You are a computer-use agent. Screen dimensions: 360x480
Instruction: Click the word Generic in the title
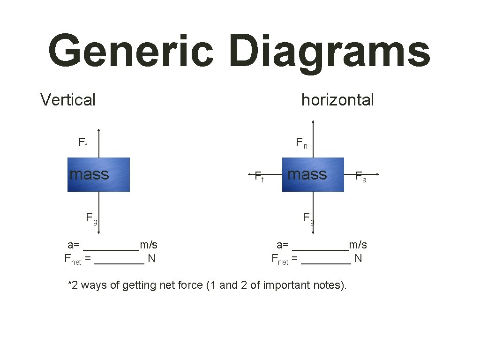tap(130, 51)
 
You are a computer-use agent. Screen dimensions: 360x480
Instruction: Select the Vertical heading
tap(68, 100)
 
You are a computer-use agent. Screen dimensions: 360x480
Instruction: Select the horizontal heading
tap(337, 100)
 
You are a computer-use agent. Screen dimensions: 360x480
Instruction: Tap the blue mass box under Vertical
tap(98, 174)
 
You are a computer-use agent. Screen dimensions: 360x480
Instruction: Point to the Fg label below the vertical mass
tap(91, 218)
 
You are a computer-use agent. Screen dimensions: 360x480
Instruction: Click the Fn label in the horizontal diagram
tap(301, 142)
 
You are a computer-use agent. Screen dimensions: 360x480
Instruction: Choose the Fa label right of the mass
tap(360, 177)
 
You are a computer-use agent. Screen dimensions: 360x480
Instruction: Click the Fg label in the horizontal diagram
tap(308, 218)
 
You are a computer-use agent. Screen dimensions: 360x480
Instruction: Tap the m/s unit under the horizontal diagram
tap(358, 245)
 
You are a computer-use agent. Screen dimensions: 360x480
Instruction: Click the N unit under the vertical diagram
tap(151, 258)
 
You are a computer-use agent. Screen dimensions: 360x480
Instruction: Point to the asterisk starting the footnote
tap(70, 284)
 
